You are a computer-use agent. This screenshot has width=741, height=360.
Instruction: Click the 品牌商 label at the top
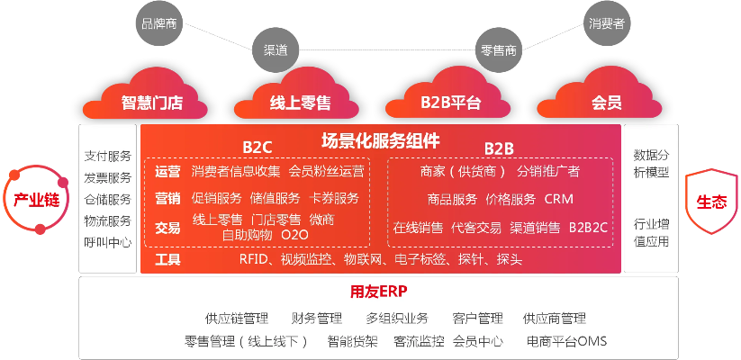(159, 23)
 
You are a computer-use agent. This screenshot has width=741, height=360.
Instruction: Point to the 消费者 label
(607, 23)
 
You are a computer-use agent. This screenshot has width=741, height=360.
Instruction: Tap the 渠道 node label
(276, 50)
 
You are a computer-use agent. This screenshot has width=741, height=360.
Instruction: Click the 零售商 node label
(499, 50)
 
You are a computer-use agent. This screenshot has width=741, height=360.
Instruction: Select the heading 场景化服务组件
(381, 140)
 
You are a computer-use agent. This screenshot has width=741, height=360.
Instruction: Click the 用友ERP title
(379, 292)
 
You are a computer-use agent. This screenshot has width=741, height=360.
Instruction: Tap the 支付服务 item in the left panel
(107, 156)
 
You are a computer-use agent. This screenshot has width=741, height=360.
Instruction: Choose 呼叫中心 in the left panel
(107, 242)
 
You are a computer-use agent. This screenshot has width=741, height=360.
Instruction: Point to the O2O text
(294, 235)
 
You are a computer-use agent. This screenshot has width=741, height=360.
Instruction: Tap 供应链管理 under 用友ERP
(237, 319)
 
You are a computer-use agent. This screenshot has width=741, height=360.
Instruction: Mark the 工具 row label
(167, 260)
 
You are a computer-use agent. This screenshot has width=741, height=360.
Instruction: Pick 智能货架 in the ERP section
(352, 342)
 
